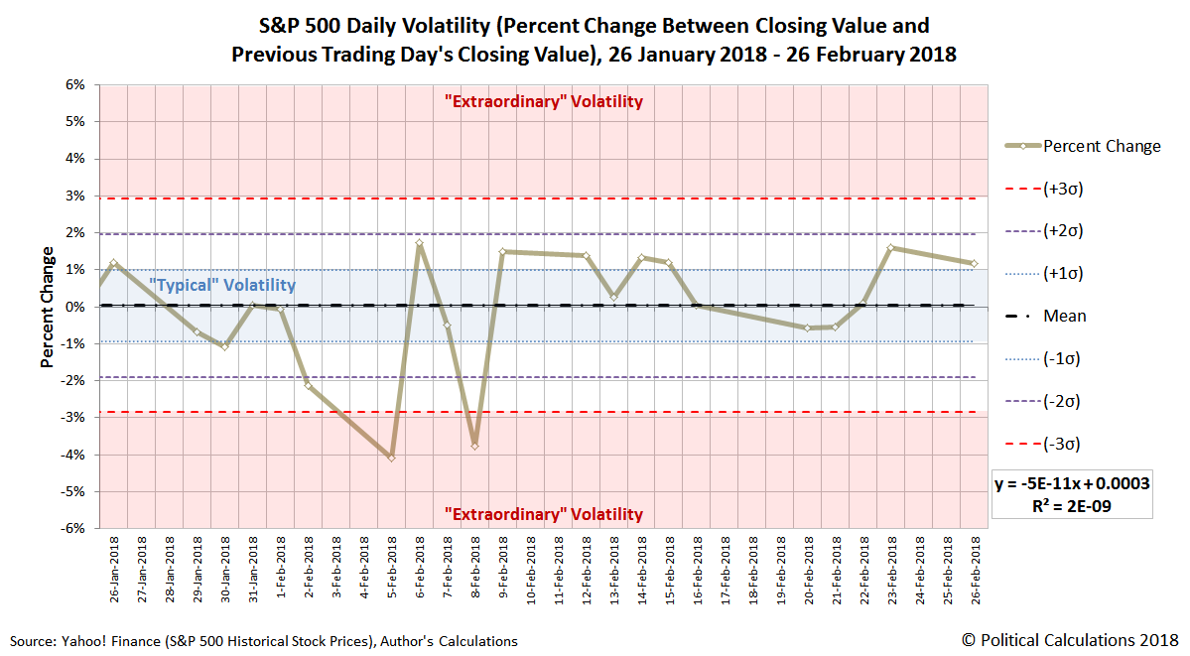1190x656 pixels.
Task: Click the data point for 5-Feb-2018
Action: click(x=392, y=458)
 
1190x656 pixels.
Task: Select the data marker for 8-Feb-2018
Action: click(x=475, y=446)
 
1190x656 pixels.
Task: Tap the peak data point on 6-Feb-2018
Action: click(x=420, y=242)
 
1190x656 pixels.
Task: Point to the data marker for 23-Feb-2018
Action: click(x=891, y=247)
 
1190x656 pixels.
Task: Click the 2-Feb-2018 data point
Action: click(x=309, y=385)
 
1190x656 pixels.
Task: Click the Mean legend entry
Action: click(x=1064, y=316)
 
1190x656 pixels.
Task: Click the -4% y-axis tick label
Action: click(x=73, y=455)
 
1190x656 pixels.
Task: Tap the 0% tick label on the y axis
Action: click(x=76, y=307)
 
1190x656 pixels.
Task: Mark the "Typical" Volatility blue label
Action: click(x=222, y=286)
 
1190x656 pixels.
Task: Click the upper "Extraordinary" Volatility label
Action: click(x=543, y=101)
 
